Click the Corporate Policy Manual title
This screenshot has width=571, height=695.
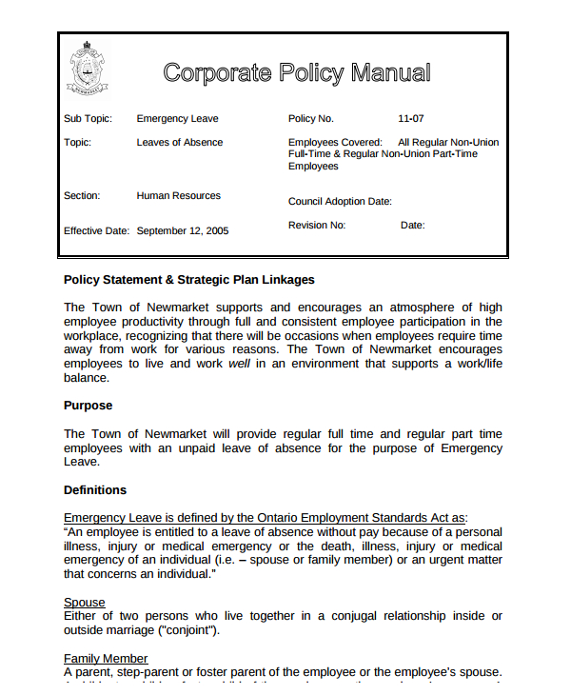[x=296, y=72]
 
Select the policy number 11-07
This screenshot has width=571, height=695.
[x=411, y=119]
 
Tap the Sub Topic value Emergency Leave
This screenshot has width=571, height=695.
[x=177, y=119]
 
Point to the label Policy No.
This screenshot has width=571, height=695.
[x=311, y=119]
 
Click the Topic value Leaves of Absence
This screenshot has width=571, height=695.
[x=180, y=142]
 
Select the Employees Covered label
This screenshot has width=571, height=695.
[x=335, y=142]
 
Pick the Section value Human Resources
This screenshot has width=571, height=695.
[x=178, y=195]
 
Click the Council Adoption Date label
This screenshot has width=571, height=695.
[x=340, y=201]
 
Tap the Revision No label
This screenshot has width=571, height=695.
[x=317, y=226]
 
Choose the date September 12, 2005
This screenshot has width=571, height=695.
[x=183, y=230]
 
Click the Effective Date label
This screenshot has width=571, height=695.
[x=96, y=230]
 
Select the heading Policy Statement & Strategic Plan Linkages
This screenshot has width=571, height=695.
[x=188, y=280]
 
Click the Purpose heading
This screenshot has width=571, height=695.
[x=88, y=406]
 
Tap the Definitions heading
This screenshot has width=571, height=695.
[x=94, y=490]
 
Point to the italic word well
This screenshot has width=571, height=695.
[x=238, y=364]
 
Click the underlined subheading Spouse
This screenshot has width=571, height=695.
[x=84, y=603]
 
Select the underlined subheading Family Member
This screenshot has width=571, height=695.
[x=106, y=658]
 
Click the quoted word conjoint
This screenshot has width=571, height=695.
[x=193, y=630]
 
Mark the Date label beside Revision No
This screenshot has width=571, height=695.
[x=412, y=226]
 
